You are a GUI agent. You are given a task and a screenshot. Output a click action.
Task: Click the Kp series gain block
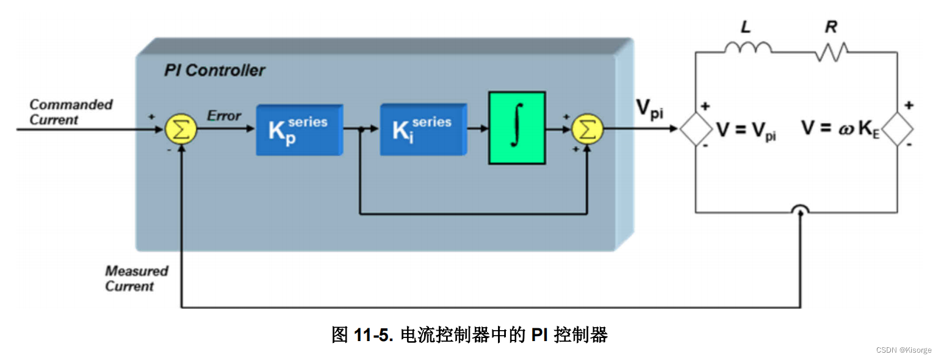pyautogui.click(x=298, y=129)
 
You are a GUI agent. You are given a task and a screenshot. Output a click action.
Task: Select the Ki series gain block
pyautogui.click(x=422, y=129)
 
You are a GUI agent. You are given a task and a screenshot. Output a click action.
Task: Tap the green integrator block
pyautogui.click(x=516, y=128)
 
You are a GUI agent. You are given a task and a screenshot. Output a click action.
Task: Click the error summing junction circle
pyautogui.click(x=181, y=129)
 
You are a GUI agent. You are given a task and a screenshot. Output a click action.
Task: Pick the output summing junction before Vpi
pyautogui.click(x=587, y=129)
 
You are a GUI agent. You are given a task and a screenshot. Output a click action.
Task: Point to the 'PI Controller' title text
pyautogui.click(x=214, y=71)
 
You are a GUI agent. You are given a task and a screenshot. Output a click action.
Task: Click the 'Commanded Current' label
pyautogui.click(x=71, y=112)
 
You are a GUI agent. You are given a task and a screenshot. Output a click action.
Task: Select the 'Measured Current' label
pyautogui.click(x=136, y=278)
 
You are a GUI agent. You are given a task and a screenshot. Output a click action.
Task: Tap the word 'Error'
pyautogui.click(x=224, y=116)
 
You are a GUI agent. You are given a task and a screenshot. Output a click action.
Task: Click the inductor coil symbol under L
pyautogui.click(x=748, y=48)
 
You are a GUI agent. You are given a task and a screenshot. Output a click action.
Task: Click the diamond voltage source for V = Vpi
pyautogui.click(x=696, y=129)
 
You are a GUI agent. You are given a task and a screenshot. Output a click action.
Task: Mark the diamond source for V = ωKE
pyautogui.click(x=897, y=129)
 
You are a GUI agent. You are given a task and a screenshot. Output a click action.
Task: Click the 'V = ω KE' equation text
pyautogui.click(x=840, y=130)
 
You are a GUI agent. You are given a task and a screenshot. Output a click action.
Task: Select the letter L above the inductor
pyautogui.click(x=745, y=27)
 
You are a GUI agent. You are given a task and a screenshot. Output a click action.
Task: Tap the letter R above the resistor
pyautogui.click(x=831, y=27)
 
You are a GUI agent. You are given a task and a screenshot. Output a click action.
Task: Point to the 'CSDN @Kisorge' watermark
pyautogui.click(x=903, y=350)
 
